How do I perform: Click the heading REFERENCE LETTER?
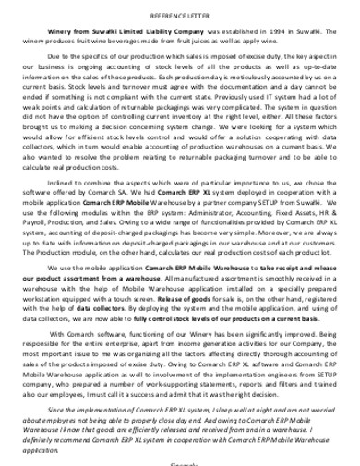click(x=180, y=16)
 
